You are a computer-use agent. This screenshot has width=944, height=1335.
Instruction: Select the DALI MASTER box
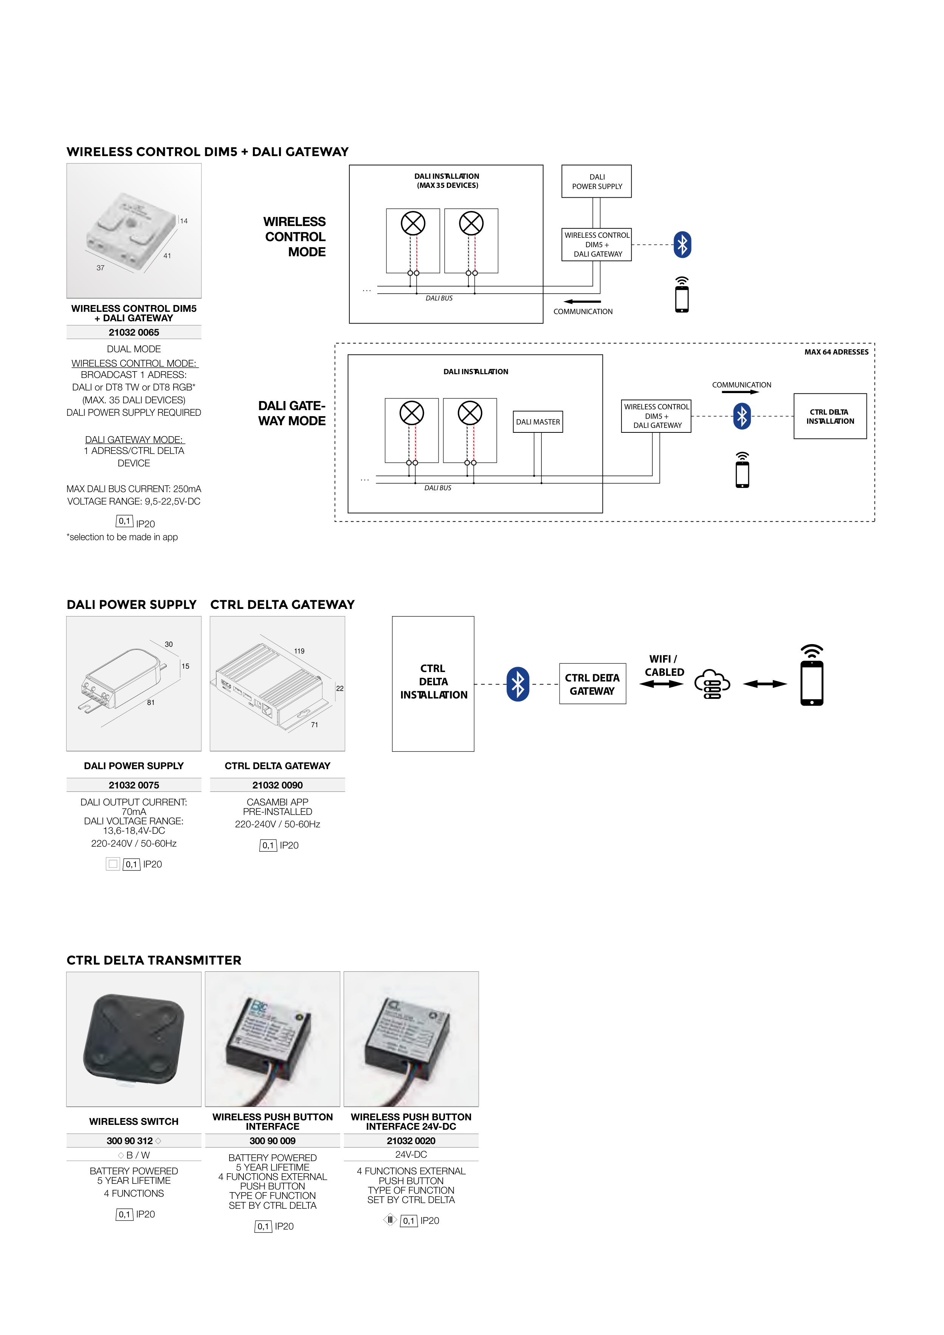click(538, 421)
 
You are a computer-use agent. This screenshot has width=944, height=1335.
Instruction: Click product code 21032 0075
click(134, 785)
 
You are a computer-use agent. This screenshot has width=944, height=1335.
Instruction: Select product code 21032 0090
click(277, 785)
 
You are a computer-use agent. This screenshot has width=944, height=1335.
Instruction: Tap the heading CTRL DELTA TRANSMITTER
click(154, 960)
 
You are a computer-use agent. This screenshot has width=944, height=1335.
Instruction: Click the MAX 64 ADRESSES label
click(836, 352)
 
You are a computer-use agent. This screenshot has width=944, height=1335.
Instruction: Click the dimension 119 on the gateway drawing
click(299, 651)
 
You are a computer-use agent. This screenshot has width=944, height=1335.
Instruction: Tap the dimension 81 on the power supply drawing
click(150, 702)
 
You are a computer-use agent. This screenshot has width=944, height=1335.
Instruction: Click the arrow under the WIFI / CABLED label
click(661, 685)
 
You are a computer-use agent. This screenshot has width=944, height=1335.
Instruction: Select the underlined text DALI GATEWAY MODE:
click(134, 440)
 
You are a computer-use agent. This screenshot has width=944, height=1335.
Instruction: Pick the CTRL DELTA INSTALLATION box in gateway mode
click(829, 416)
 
